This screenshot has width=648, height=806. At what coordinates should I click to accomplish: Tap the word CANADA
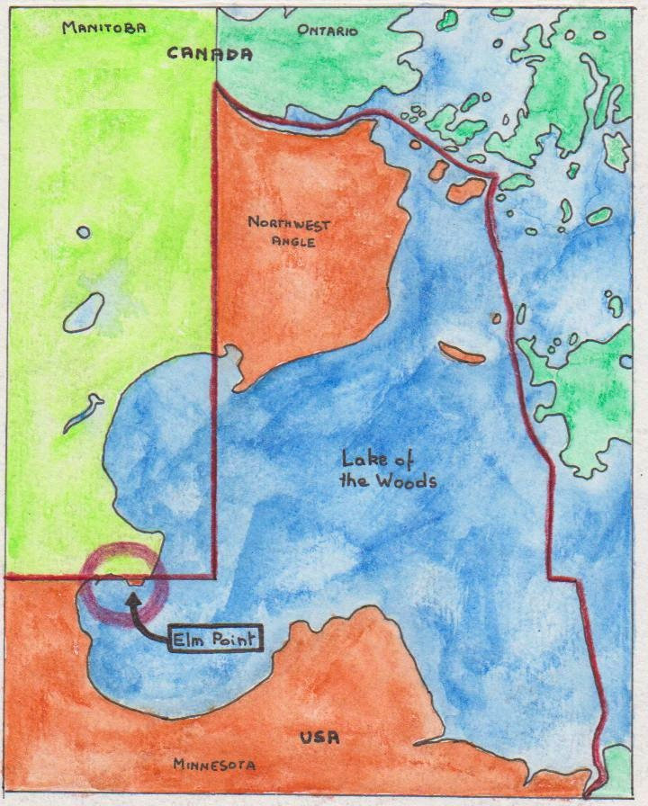210,54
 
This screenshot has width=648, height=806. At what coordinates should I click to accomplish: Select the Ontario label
327,31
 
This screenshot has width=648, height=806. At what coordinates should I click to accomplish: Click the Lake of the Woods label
388,470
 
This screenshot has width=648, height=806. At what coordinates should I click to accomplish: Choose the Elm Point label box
214,640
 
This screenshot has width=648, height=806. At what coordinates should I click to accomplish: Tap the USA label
320,738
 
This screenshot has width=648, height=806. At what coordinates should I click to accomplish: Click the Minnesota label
214,766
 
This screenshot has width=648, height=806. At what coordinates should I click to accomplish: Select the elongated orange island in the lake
462,353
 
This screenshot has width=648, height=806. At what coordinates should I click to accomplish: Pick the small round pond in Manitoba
83,232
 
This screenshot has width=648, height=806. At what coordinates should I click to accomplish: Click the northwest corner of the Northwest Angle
216,85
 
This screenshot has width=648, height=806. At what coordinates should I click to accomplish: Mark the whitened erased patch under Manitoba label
99,87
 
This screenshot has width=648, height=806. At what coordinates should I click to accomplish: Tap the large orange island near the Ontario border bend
467,190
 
